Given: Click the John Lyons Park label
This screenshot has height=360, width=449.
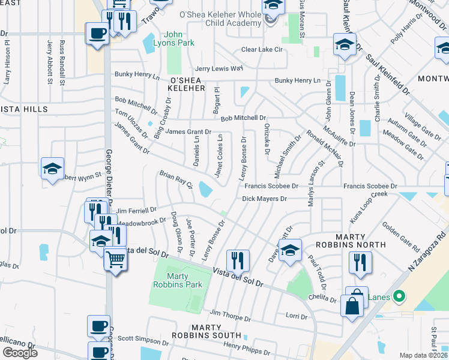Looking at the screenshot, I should click(176, 38).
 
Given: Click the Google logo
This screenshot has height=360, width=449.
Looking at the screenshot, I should click(20, 352).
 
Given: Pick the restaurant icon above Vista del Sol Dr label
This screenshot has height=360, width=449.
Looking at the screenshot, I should click(238, 260).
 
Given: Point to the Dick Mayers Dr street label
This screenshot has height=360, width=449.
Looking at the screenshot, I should click(265, 199).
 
